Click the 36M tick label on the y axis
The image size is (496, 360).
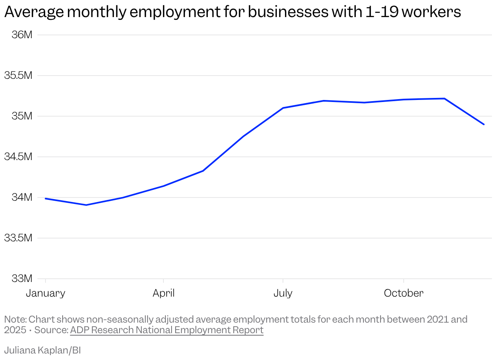pyautogui.click(x=22, y=35)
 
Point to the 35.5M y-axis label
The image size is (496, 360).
pyautogui.click(x=18, y=76)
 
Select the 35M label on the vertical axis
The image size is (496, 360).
pyautogui.click(x=22, y=116)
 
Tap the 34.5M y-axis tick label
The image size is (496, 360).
pyautogui.click(x=18, y=157)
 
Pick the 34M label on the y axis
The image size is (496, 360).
pyautogui.click(x=22, y=197)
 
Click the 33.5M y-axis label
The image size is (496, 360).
pyautogui.click(x=18, y=238)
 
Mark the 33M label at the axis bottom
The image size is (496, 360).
pyautogui.click(x=22, y=279)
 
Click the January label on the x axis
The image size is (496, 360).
pyautogui.click(x=46, y=293)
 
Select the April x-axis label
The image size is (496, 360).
pyautogui.click(x=163, y=293)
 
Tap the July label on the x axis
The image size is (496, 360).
pyautogui.click(x=283, y=293)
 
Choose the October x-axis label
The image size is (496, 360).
pyautogui.click(x=403, y=293)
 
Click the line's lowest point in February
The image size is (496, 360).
pyautogui.click(x=86, y=205)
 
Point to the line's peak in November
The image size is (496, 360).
pyautogui.click(x=444, y=98)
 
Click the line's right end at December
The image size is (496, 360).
pyautogui.click(x=484, y=124)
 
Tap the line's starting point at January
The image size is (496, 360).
pyautogui.click(x=46, y=198)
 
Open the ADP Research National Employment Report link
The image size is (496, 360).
pyautogui.click(x=167, y=330)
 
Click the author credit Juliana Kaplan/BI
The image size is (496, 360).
pyautogui.click(x=43, y=350)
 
